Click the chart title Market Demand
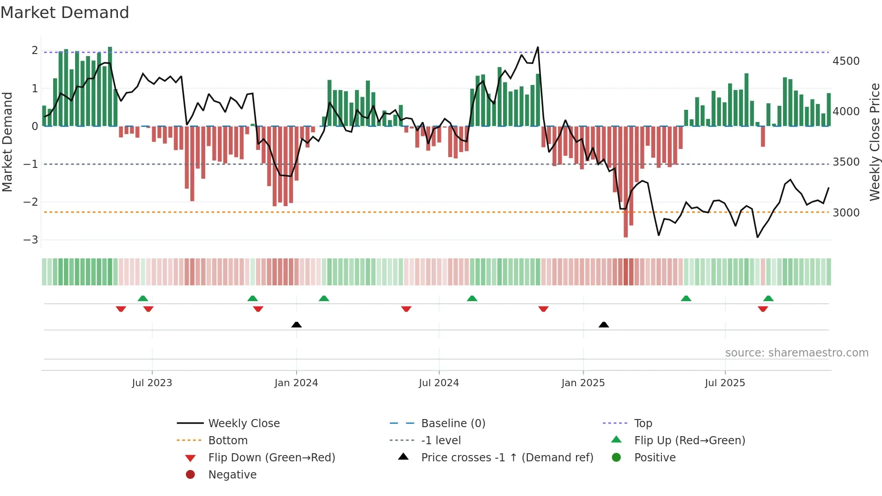pos(65,13)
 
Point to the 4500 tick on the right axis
pos(846,61)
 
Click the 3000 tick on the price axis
pos(846,212)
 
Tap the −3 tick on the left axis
pos(31,239)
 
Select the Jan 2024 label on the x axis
pos(296,383)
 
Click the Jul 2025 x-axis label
pos(724,383)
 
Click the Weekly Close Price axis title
pos(874,142)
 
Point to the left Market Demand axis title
pos(7,142)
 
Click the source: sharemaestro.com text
pos(796,353)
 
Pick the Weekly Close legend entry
pos(243,424)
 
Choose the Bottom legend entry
pos(228,441)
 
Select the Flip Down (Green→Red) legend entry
pos(271,458)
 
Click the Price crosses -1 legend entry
pos(507,458)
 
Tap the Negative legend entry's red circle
pos(190,475)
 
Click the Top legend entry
pos(643,424)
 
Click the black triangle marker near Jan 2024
pos(297,325)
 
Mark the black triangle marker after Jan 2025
pos(604,325)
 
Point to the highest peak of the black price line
pos(538,47)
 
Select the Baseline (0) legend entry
pos(453,424)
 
